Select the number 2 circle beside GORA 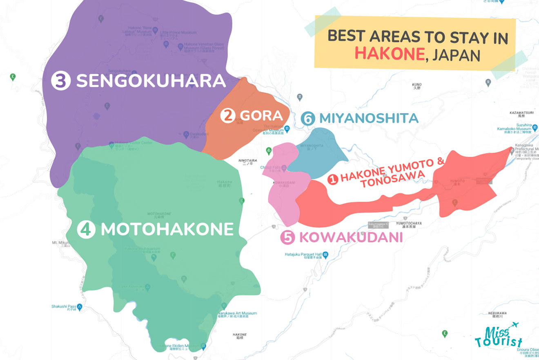point(227,116)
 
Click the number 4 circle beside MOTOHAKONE point(86,229)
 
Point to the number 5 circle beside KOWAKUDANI point(288,237)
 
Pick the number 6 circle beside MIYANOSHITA point(308,119)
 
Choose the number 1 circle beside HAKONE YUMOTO point(333,179)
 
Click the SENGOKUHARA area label point(151,81)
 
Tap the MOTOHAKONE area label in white point(167,229)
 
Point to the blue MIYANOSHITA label point(369,119)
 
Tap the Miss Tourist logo point(498,336)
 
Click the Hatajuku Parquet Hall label point(301,254)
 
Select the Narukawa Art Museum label point(237,313)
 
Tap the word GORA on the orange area point(256,116)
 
